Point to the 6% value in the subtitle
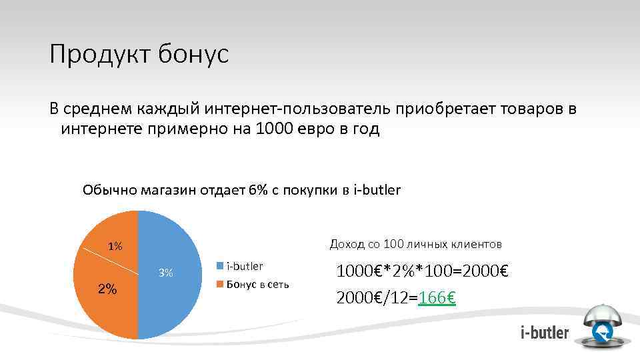(x=258, y=190)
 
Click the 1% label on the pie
(x=115, y=247)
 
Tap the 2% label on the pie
(x=107, y=289)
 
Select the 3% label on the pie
(x=166, y=272)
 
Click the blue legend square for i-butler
(x=219, y=266)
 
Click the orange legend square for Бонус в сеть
(x=219, y=285)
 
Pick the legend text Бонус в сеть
(x=258, y=285)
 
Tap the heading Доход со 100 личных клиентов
(x=415, y=244)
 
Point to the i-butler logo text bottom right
(x=545, y=332)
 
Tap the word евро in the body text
(x=319, y=129)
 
